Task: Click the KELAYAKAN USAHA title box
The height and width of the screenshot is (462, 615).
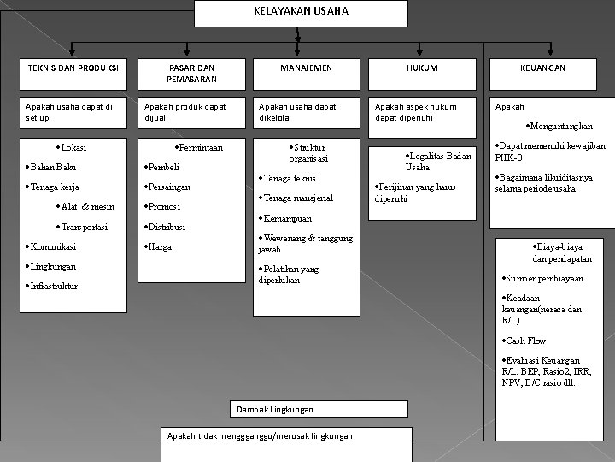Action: click(301, 13)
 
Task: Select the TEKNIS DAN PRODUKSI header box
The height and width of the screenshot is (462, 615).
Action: click(73, 68)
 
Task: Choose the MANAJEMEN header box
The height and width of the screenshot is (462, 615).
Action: click(306, 68)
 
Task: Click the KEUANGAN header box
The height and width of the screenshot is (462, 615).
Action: click(544, 68)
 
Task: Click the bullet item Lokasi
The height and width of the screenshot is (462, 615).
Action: click(72, 147)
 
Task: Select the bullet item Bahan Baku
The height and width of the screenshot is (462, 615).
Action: click(50, 167)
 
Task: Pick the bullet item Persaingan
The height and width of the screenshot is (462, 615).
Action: click(168, 187)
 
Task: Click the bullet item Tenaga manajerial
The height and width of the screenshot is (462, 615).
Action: click(296, 198)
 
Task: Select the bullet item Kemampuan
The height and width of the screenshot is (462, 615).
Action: click(287, 217)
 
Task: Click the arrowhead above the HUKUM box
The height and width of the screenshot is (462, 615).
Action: click(419, 50)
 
